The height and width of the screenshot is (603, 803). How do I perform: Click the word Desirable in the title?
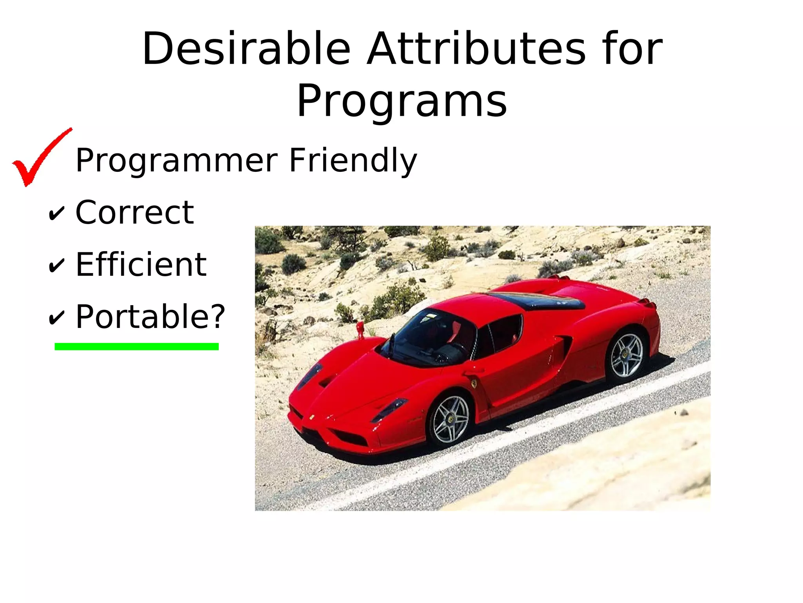point(246,49)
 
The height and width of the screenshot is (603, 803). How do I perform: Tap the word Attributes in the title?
point(476,49)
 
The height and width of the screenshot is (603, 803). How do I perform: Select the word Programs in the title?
point(401,101)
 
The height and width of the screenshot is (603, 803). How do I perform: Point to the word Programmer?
point(176,161)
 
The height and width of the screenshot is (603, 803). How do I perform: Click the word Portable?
point(150,317)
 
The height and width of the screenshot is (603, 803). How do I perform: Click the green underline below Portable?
point(136,346)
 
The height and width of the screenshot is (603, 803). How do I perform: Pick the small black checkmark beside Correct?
point(56,214)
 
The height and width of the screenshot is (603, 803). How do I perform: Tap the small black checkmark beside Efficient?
point(56,266)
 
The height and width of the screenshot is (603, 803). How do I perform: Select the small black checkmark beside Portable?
point(56,318)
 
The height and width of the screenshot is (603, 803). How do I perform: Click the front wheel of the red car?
point(451,419)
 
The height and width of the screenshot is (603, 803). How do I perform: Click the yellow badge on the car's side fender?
point(474,383)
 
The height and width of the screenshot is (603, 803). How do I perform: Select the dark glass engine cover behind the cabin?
point(541,300)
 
